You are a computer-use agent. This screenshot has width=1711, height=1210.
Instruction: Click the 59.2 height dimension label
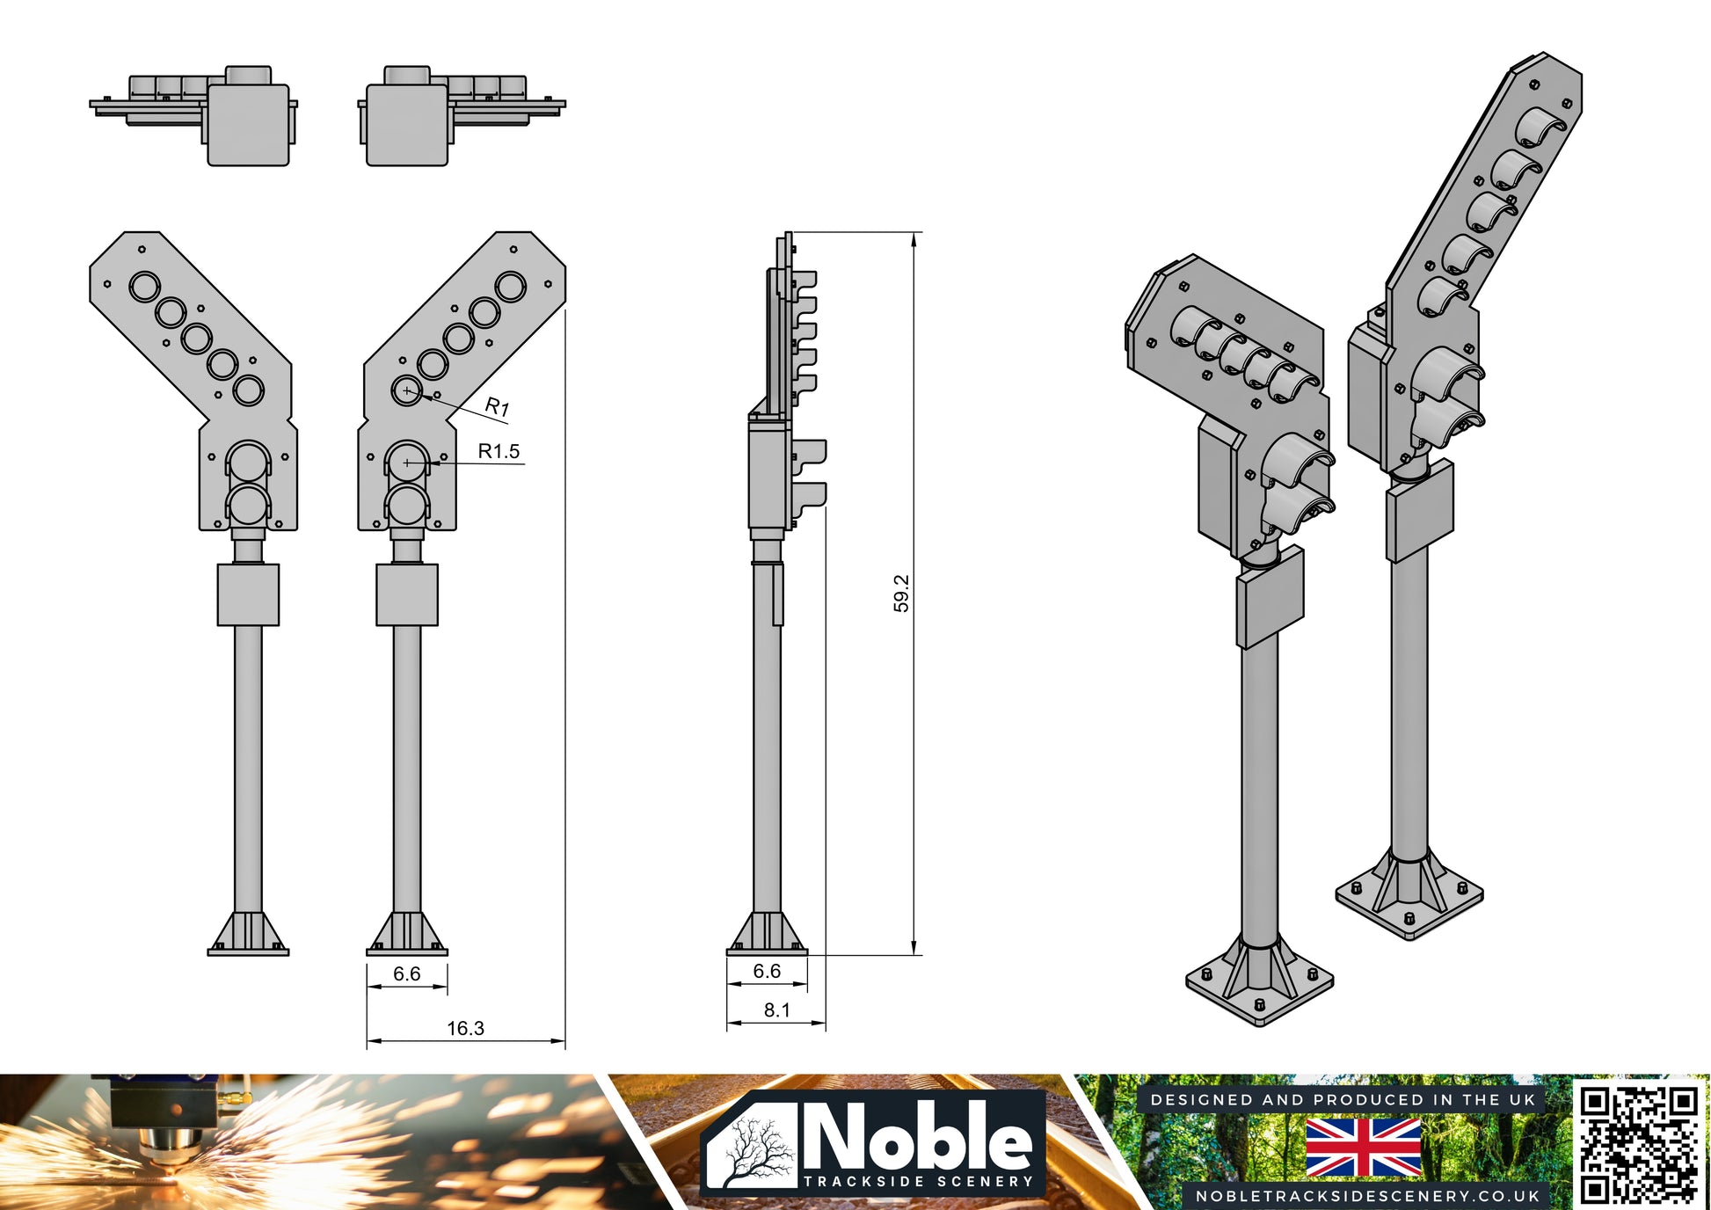(901, 594)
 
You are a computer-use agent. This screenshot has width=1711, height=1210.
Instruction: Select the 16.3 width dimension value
(465, 1028)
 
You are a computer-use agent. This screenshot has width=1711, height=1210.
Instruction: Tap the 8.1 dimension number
(776, 1010)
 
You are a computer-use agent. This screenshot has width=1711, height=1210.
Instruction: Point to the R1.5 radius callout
(499, 451)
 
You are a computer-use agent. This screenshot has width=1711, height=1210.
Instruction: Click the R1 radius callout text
(498, 406)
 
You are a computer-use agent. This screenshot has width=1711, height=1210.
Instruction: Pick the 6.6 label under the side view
(767, 971)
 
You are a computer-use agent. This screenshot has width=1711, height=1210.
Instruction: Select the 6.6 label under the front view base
(406, 973)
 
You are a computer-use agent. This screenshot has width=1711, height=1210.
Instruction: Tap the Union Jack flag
(1363, 1148)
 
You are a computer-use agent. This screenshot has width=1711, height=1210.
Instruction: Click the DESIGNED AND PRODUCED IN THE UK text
(1343, 1100)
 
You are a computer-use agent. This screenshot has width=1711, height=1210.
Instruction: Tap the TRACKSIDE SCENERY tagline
(919, 1181)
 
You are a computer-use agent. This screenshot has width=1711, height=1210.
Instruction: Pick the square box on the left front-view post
(248, 594)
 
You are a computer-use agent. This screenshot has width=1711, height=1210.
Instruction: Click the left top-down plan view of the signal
(193, 115)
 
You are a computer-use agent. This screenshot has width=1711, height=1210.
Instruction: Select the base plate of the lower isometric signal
(1260, 984)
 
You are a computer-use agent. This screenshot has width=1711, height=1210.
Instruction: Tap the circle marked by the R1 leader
(406, 390)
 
